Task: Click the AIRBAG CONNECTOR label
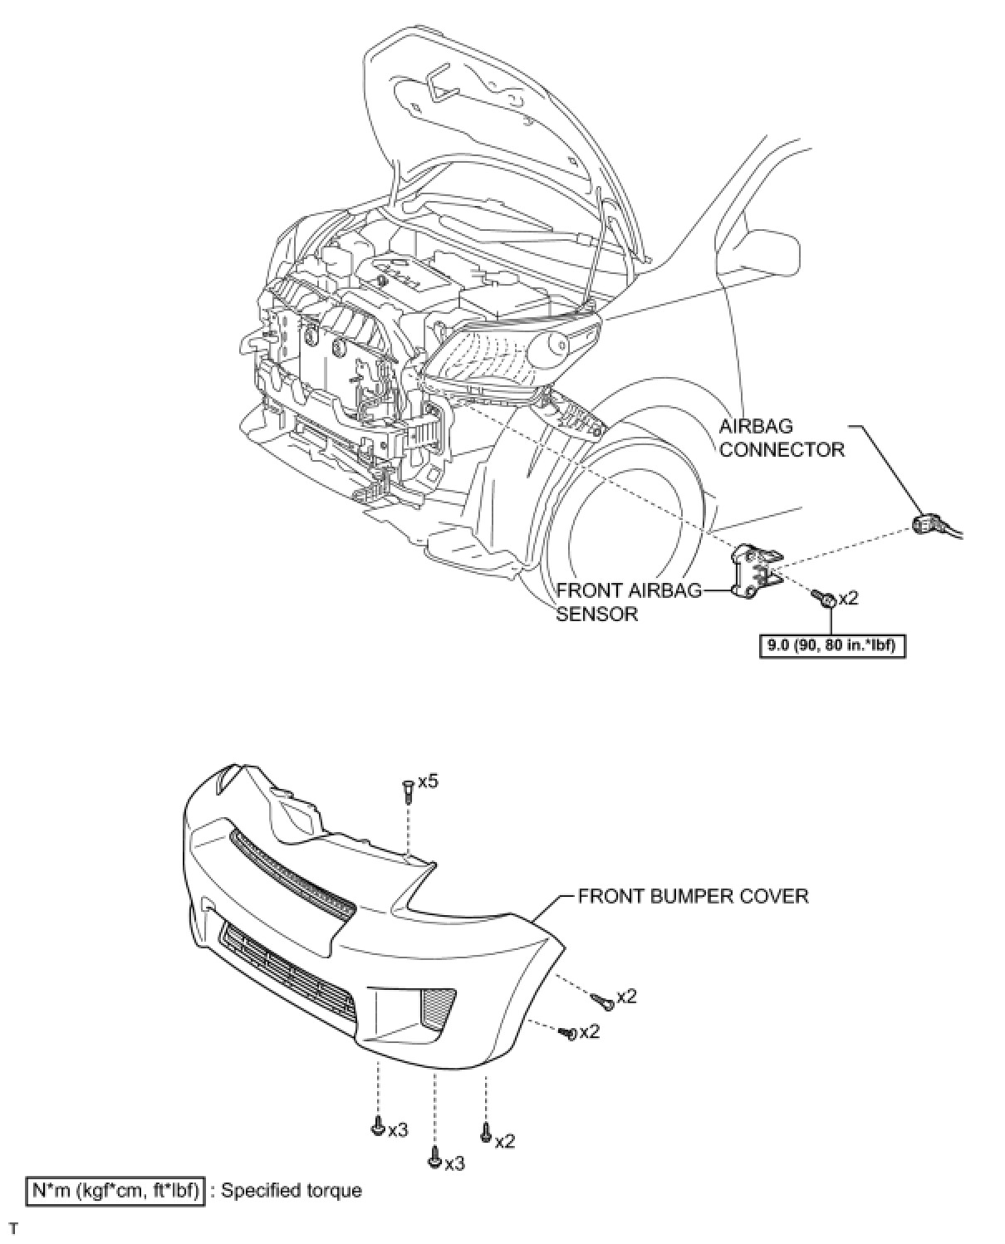coord(781,438)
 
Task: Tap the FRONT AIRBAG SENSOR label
coord(628,602)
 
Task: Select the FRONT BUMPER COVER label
coord(693,896)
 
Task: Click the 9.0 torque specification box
coord(832,645)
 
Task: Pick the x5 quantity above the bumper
coord(428,781)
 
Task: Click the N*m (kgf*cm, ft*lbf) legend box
coord(115,1190)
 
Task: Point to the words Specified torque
coord(291,1190)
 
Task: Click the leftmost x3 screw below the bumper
coord(378,1128)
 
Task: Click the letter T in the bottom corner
coord(12,1228)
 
